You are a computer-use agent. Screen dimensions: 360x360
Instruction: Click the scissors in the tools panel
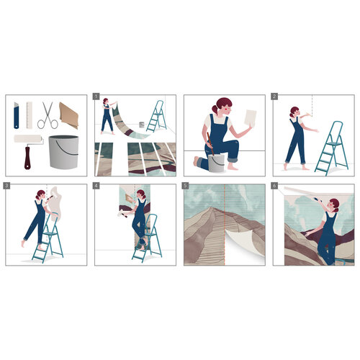48,114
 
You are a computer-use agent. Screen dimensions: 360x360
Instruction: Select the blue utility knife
16,112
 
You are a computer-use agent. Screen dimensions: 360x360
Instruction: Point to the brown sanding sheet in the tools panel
72,114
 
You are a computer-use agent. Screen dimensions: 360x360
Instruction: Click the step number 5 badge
186,185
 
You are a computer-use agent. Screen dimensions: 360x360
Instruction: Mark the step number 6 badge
274,185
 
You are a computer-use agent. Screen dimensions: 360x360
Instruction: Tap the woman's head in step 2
294,112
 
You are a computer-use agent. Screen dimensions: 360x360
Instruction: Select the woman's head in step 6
332,207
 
